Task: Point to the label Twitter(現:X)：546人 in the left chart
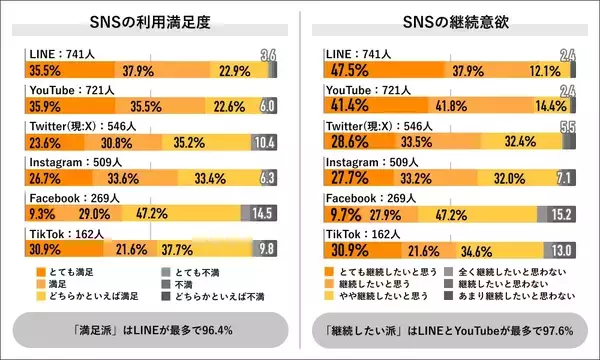[x=79, y=127]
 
